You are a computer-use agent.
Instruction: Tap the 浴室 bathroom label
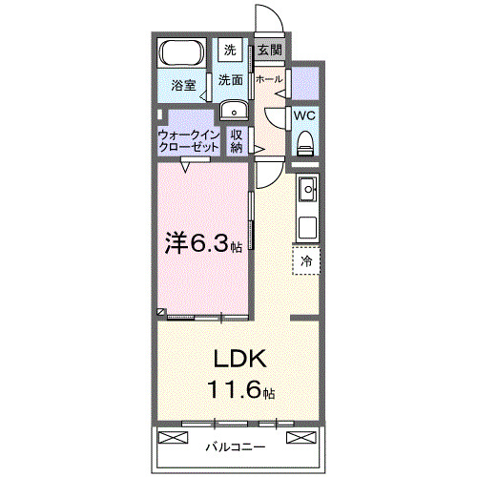click(x=183, y=86)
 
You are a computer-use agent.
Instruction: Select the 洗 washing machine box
click(x=231, y=50)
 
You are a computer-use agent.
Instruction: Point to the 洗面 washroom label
click(x=230, y=80)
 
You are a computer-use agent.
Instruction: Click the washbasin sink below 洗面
click(x=233, y=111)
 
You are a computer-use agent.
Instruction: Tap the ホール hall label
click(x=268, y=80)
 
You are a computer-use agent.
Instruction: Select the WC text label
click(x=304, y=115)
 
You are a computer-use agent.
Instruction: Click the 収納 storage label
click(x=237, y=141)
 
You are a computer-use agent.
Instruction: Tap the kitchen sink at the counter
click(x=307, y=191)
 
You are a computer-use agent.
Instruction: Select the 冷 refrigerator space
click(x=306, y=259)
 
